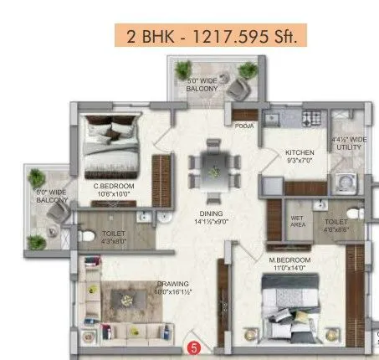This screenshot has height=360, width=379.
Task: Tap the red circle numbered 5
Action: click(x=194, y=345)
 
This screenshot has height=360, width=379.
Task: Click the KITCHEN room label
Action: click(x=299, y=152)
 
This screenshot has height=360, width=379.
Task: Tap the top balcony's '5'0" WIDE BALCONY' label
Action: click(x=202, y=84)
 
